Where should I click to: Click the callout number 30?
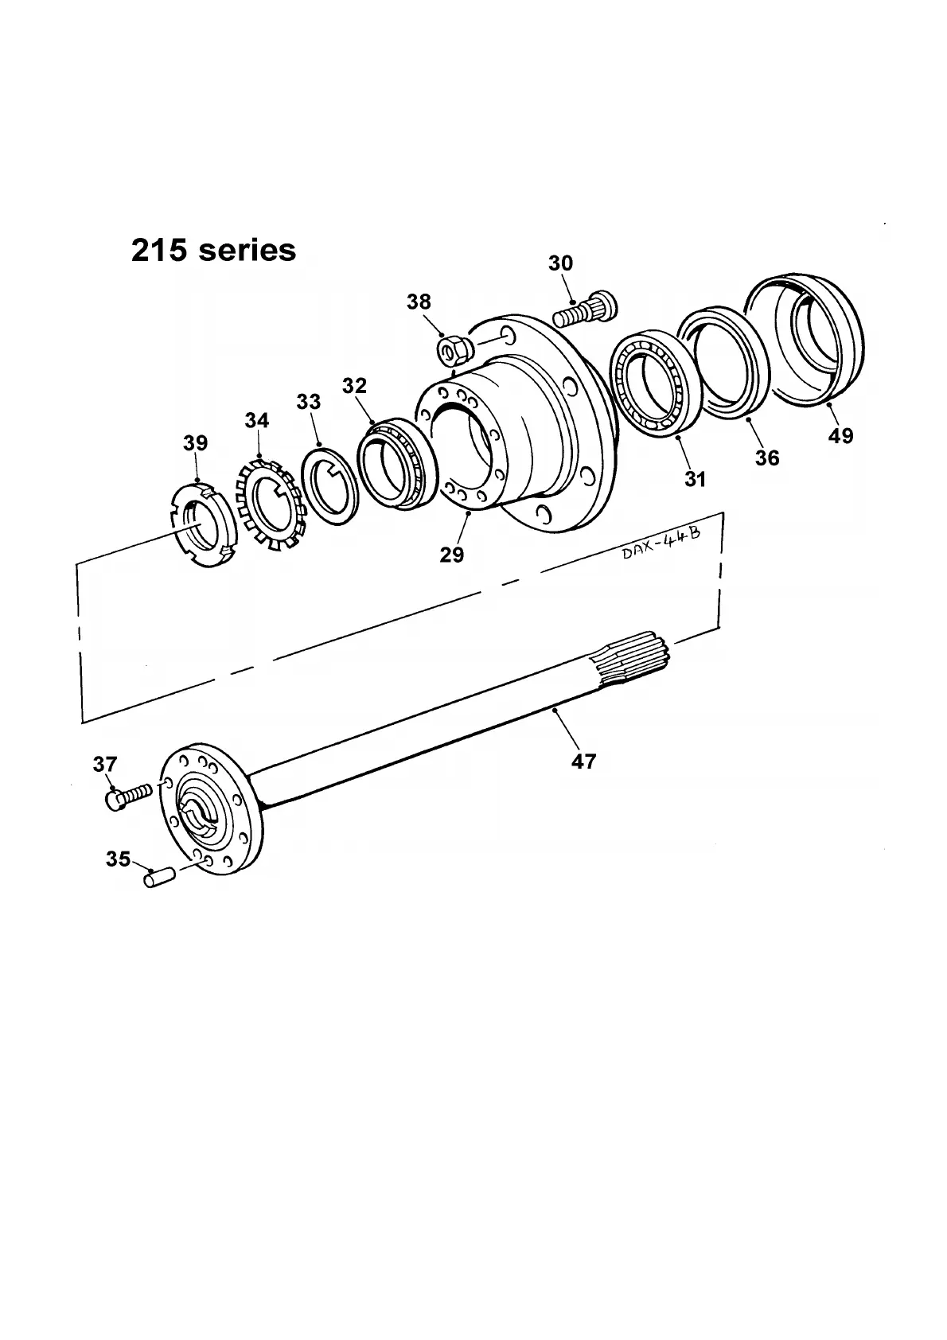[560, 263]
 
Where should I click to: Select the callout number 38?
[419, 302]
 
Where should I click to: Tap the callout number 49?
[840, 435]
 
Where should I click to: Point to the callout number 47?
[583, 762]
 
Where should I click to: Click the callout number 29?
[452, 555]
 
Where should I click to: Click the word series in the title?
[247, 250]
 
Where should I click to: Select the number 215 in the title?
[160, 250]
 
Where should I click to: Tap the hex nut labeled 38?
[451, 348]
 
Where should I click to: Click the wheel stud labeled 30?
[587, 310]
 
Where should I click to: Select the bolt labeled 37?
[126, 796]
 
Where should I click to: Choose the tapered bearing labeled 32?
[395, 462]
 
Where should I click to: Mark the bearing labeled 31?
[650, 386]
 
